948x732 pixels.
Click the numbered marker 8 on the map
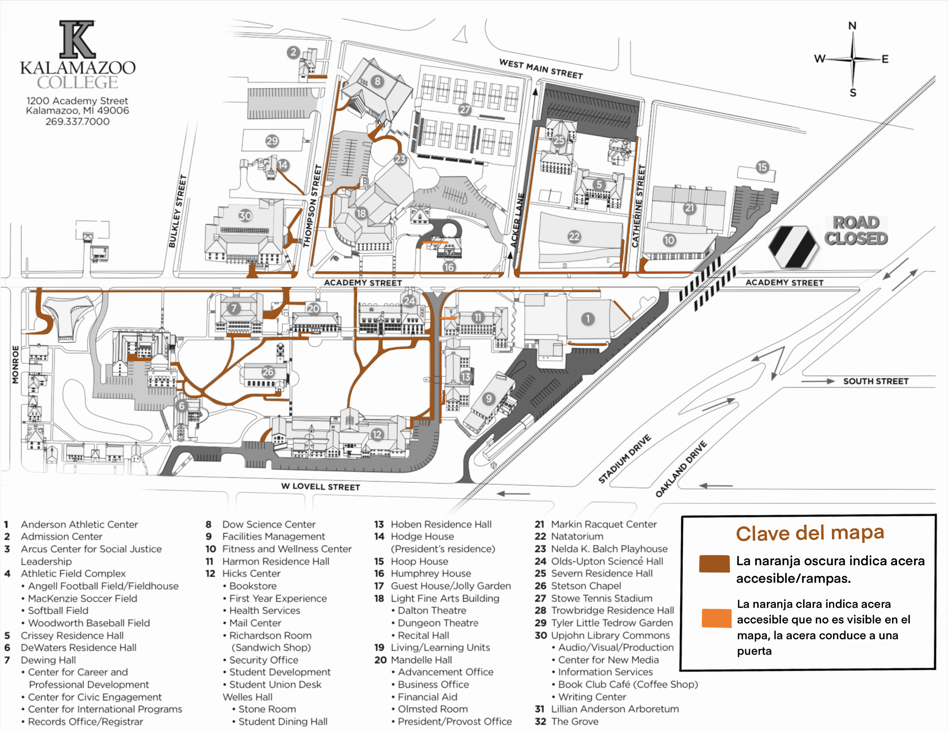tap(377, 81)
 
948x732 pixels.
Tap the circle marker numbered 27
tap(465, 109)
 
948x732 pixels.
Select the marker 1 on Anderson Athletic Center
tap(587, 319)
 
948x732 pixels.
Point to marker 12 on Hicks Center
tap(377, 434)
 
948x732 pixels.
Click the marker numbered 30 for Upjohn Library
tap(245, 215)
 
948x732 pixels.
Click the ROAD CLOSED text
tap(855, 231)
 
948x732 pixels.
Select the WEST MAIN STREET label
tap(540, 69)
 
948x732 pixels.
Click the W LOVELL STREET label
tap(320, 486)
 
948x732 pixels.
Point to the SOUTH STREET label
tap(875, 381)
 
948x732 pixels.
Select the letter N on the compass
tap(852, 26)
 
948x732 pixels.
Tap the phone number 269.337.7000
tap(77, 122)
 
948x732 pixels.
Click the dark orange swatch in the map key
tap(714, 563)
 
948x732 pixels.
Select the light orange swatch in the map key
tap(716, 618)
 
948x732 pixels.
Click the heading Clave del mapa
tap(810, 533)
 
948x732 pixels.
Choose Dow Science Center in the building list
tap(268, 524)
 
